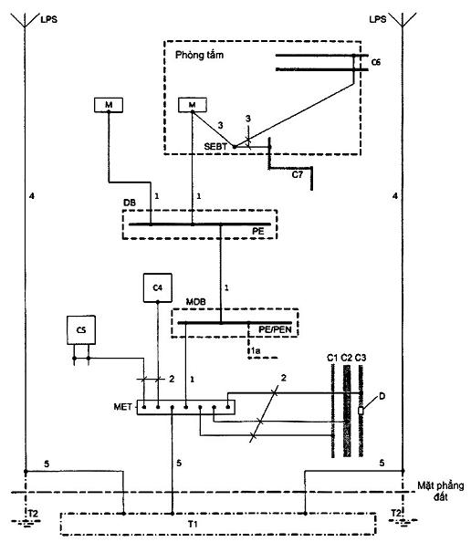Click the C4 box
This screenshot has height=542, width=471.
click(x=158, y=287)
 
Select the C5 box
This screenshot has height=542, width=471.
click(x=81, y=330)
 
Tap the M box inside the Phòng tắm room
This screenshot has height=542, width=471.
click(x=193, y=105)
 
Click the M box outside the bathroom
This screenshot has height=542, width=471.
click(x=109, y=105)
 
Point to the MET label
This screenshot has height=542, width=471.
click(x=122, y=407)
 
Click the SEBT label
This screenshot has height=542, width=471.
click(x=215, y=147)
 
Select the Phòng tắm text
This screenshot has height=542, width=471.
click(x=199, y=55)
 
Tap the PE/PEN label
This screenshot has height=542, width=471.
click(x=276, y=329)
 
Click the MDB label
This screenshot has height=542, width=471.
click(x=195, y=302)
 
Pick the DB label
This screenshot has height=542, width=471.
click(x=130, y=203)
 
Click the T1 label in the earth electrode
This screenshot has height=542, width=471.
click(x=193, y=525)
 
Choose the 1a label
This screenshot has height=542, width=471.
click(x=256, y=351)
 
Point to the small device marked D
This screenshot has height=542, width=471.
click(x=361, y=411)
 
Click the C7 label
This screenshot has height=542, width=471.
click(x=298, y=174)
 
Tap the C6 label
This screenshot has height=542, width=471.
click(x=376, y=62)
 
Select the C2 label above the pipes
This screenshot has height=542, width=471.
click(x=347, y=358)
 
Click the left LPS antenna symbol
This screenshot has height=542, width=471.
click(x=25, y=20)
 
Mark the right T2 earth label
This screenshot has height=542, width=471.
click(x=396, y=513)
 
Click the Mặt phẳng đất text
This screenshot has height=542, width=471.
click(x=441, y=491)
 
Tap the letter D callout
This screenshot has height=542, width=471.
click(x=382, y=396)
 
